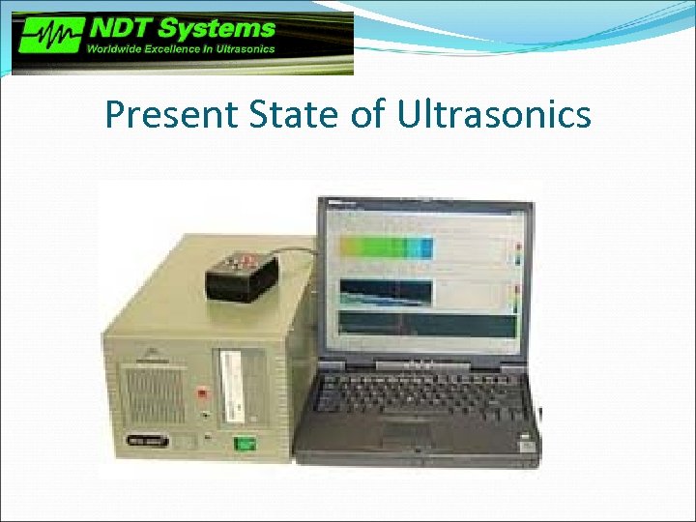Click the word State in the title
[280, 115]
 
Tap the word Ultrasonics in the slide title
[494, 115]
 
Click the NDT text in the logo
[119, 28]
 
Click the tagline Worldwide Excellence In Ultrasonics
[182, 49]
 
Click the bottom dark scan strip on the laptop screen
[425, 326]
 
